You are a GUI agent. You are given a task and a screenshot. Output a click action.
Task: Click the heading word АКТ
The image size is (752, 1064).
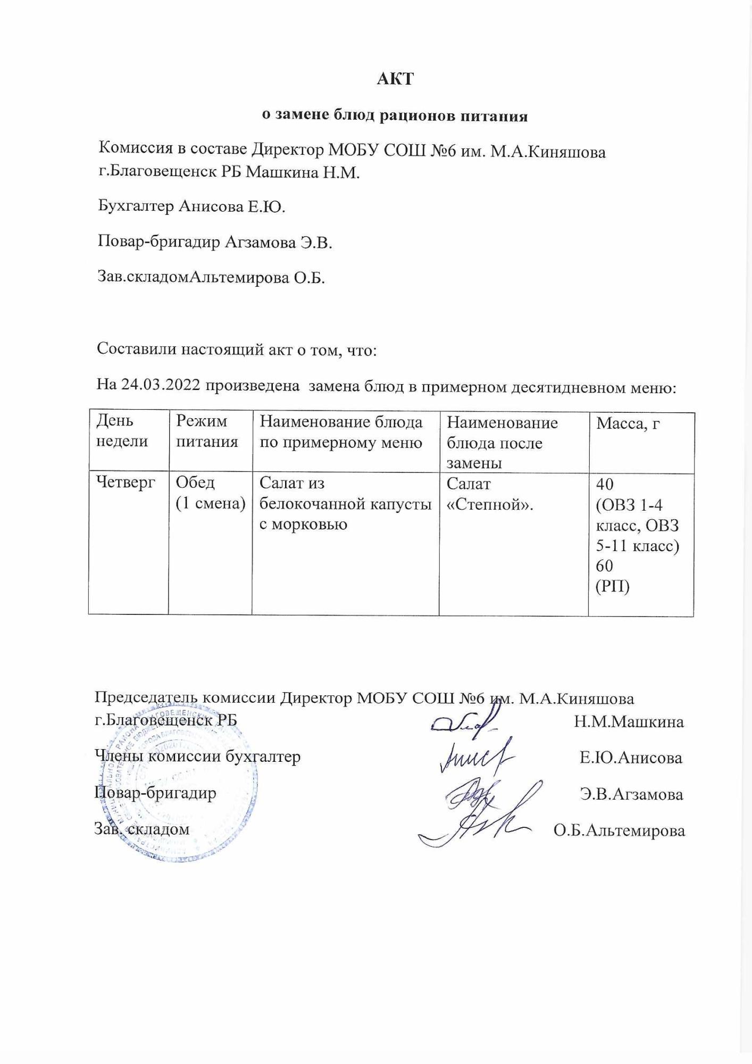pos(395,79)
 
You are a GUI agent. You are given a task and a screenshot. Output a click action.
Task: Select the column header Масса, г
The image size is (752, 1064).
pos(628,423)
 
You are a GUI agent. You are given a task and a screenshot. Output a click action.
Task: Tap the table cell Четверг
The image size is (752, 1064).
pos(126,483)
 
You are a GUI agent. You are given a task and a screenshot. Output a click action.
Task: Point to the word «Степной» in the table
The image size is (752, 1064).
pos(490,504)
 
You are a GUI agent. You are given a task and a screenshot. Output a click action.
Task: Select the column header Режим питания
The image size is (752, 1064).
pos(206,431)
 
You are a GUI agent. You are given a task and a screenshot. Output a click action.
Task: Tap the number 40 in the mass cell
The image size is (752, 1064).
pos(605,484)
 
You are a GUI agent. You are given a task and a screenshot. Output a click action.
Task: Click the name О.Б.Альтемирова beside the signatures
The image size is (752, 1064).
pos(619,830)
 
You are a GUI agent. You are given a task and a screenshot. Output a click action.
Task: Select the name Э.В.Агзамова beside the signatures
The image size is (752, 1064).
pos(631,794)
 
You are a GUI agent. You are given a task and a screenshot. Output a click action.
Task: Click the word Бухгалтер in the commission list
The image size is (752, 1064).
pos(136,206)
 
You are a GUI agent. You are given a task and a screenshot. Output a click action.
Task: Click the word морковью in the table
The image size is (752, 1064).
pos(302,525)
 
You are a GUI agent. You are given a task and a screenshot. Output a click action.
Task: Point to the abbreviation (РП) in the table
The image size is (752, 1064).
pos(612,586)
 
